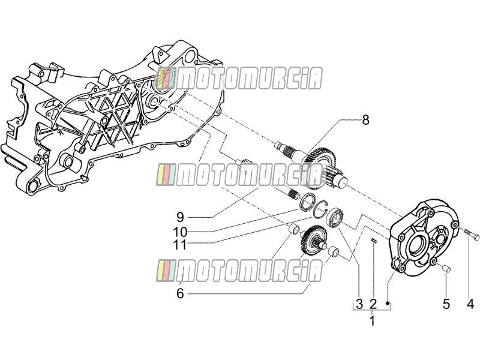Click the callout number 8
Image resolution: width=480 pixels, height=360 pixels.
[x=365, y=120]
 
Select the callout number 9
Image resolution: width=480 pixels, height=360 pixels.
[x=180, y=217]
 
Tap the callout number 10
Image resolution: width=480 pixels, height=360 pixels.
[x=180, y=232]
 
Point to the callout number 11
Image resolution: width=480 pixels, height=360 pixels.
[x=180, y=245]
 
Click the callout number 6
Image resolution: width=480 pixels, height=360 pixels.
[x=180, y=293]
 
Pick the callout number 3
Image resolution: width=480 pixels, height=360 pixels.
[x=359, y=304]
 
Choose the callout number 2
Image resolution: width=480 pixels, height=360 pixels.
[x=373, y=304]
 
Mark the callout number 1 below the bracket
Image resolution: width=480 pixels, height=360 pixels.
[x=372, y=321]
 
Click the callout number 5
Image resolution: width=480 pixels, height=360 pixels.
[x=446, y=304]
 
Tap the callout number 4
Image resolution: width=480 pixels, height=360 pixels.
[x=470, y=304]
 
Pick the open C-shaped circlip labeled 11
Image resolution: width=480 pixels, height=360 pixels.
[x=320, y=211]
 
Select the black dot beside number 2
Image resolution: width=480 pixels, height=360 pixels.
[x=387, y=304]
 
